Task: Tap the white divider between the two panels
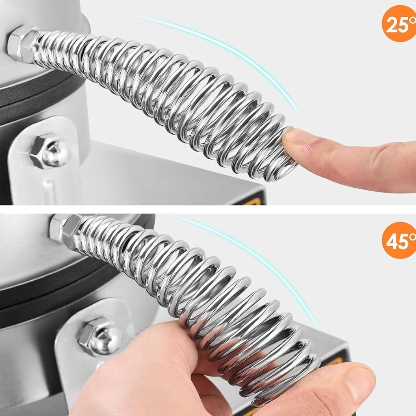[208, 209]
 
